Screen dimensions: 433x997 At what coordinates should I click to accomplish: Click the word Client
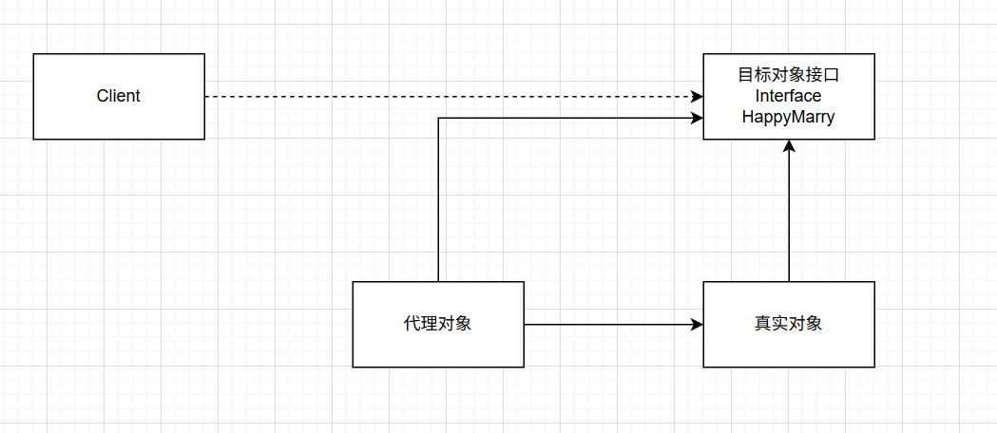[x=119, y=96]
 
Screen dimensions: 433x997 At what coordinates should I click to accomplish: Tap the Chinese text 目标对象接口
[x=788, y=75]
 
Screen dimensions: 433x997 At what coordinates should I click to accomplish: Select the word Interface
[x=788, y=96]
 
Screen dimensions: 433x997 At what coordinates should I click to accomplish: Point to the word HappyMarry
[x=788, y=117]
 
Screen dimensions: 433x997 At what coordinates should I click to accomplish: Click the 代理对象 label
[x=437, y=324]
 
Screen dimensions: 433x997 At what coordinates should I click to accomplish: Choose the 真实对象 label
[x=788, y=324]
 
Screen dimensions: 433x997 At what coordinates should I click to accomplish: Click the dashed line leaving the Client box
[x=428, y=97]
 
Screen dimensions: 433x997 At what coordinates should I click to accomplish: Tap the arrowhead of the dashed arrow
[x=698, y=97]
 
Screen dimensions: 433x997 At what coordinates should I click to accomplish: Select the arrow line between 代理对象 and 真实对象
[x=608, y=325]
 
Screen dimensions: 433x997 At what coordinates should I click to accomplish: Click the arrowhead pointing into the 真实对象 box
[x=698, y=325]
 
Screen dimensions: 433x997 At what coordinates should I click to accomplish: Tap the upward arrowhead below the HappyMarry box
[x=789, y=146]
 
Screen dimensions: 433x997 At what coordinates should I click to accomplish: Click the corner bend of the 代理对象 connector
[x=438, y=118]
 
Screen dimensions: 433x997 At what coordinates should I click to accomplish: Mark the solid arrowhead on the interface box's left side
[x=698, y=118]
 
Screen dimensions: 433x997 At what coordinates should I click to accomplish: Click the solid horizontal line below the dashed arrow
[x=570, y=118]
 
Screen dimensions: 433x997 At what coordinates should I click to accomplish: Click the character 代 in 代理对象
[x=411, y=324]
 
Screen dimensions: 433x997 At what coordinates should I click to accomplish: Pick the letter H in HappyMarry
[x=748, y=117]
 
